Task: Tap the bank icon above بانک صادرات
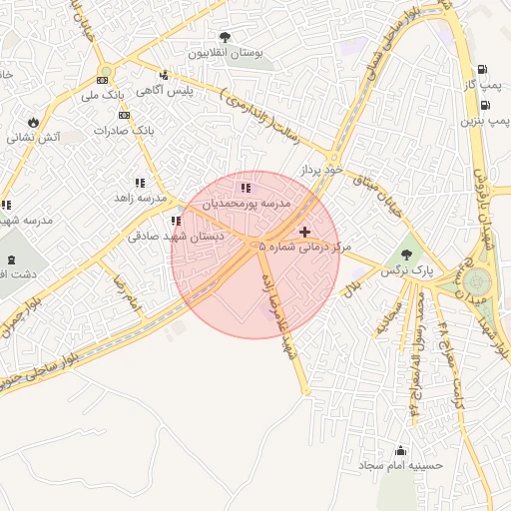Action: click(x=124, y=115)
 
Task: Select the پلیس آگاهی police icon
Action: click(x=164, y=75)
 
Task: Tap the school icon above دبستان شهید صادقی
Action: click(x=176, y=221)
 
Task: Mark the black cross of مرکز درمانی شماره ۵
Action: click(x=304, y=232)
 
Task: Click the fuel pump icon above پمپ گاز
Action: click(x=484, y=70)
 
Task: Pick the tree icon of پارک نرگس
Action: click(x=405, y=254)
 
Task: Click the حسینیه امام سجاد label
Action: click(x=403, y=465)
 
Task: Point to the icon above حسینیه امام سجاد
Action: click(x=401, y=450)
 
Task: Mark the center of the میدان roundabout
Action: click(x=478, y=281)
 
